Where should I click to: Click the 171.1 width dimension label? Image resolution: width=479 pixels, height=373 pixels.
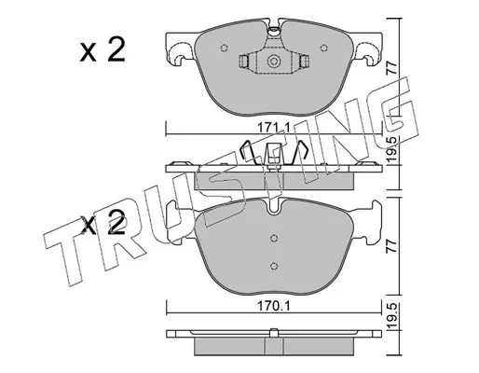click(273, 127)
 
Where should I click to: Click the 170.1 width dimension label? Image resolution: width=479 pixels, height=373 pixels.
click(273, 307)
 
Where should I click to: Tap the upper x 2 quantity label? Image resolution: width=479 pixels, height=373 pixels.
click(103, 49)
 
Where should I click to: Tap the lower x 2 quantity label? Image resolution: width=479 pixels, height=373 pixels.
click(103, 223)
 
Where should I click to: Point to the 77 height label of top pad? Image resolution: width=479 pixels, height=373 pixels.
click(392, 67)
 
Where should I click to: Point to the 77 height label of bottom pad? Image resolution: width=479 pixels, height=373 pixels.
click(392, 246)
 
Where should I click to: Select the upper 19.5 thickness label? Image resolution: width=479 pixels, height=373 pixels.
click(392, 149)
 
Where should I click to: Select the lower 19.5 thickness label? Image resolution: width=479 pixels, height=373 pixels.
click(392, 317)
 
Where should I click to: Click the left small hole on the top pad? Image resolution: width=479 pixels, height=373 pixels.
click(224, 48)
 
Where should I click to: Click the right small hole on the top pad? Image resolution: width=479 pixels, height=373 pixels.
click(323, 48)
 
